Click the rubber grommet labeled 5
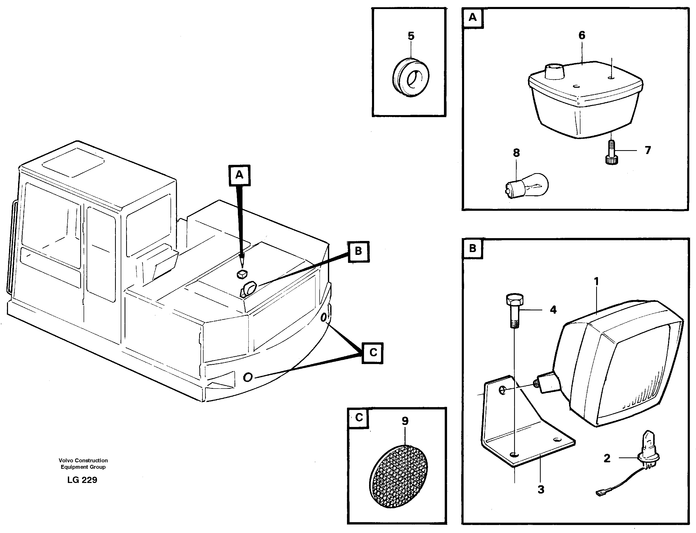pyautogui.click(x=410, y=77)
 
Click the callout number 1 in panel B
pyautogui.click(x=596, y=281)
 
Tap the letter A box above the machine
pyautogui.click(x=239, y=175)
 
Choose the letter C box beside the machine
pyautogui.click(x=373, y=352)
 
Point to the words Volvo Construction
pyautogui.click(x=83, y=460)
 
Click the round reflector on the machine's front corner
pyautogui.click(x=248, y=377)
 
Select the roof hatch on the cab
pyautogui.click(x=73, y=162)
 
